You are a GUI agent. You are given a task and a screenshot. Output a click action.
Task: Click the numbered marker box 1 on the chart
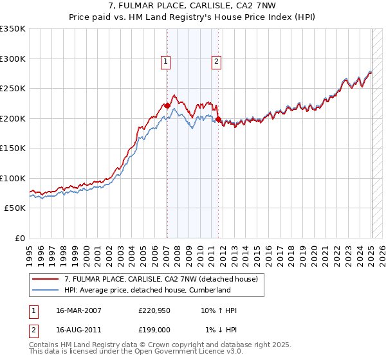coord(166,62)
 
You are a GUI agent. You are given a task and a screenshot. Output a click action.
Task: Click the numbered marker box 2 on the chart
coord(216,62)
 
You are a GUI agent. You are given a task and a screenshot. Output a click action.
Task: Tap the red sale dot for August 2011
coord(218,119)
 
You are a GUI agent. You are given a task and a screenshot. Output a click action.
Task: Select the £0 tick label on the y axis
coord(21,238)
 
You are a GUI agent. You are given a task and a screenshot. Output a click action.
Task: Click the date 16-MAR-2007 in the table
coord(73,311)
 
